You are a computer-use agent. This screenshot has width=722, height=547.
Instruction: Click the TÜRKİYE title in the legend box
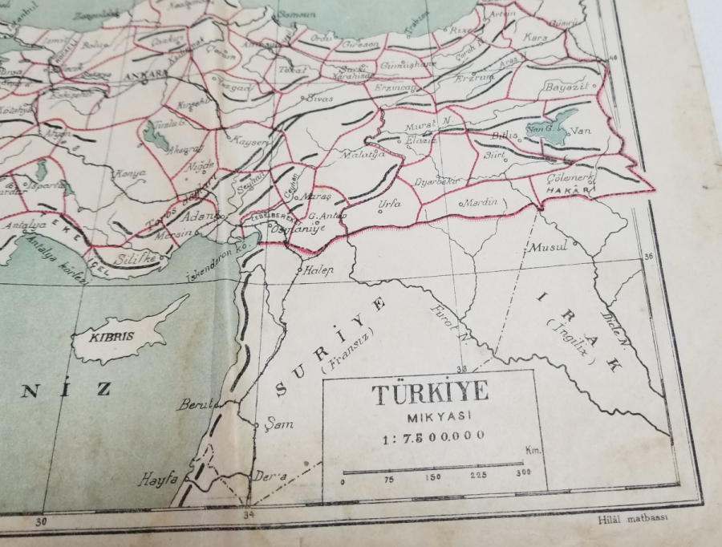430,395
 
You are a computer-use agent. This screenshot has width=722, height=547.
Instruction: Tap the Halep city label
318,270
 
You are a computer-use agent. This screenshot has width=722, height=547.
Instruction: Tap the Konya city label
130,172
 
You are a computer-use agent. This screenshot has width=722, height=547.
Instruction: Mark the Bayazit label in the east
567,86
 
